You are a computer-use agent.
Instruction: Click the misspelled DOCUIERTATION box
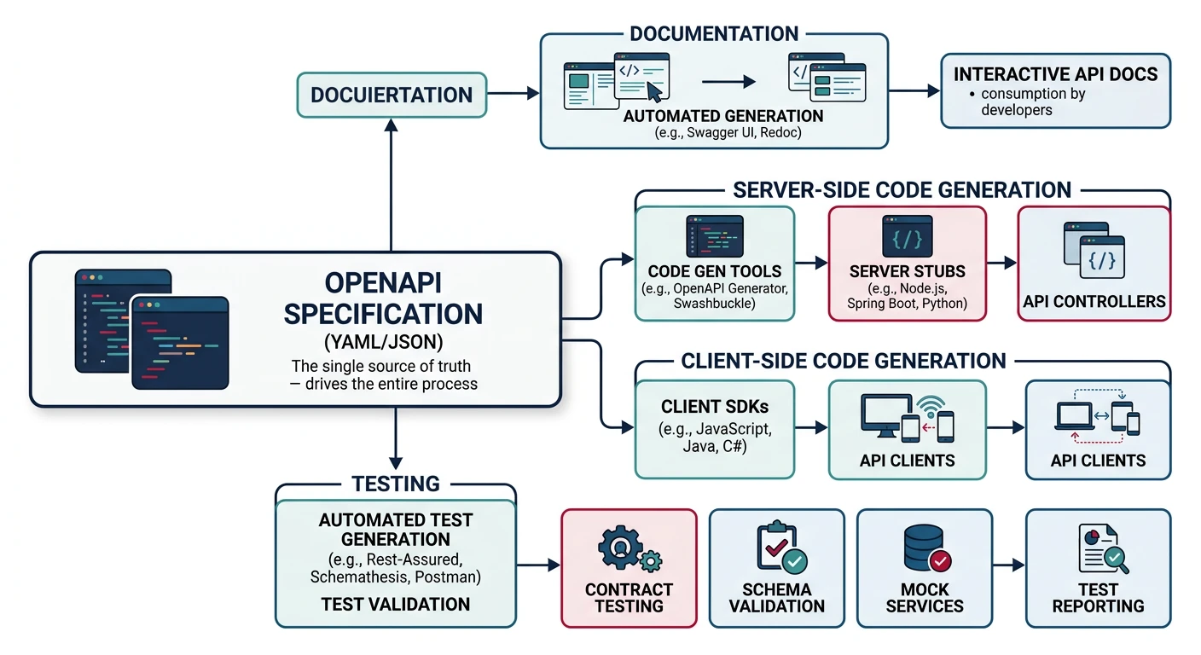[x=392, y=95]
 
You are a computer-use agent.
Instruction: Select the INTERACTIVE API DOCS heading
[x=1055, y=73]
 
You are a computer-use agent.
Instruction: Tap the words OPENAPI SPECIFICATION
[x=382, y=298]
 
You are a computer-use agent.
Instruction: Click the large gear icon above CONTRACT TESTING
[x=619, y=548]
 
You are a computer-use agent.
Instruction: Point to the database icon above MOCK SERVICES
[x=924, y=547]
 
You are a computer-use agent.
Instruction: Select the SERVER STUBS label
[x=908, y=271]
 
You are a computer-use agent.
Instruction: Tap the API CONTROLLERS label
[x=1094, y=301]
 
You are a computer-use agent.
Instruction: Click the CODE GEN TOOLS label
[x=715, y=271]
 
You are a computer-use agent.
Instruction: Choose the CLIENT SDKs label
[x=715, y=407]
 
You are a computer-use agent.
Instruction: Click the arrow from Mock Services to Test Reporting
[x=1007, y=565]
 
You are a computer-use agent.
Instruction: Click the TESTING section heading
[x=396, y=484]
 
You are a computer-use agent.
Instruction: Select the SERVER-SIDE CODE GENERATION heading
[x=902, y=189]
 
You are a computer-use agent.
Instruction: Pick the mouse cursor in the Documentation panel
[x=655, y=90]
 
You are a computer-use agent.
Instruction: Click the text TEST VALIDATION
[x=396, y=604]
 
